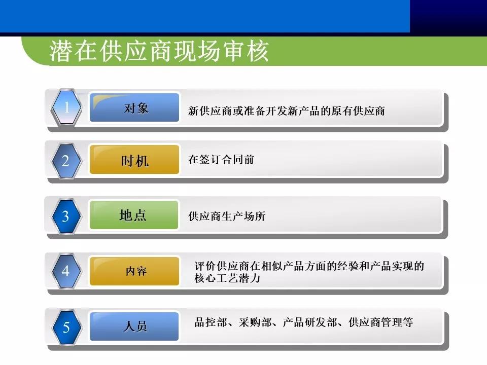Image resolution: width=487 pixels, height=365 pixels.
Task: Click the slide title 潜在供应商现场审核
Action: (159, 52)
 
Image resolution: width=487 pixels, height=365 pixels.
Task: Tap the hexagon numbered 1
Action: (66, 107)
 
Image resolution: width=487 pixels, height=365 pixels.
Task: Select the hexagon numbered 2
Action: (66, 161)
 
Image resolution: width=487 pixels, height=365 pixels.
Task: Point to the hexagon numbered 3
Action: (66, 216)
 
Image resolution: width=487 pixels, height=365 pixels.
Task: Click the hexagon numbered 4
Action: (66, 271)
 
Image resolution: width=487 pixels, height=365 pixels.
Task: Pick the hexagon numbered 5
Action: (66, 327)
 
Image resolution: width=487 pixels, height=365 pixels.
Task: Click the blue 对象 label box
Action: (134, 108)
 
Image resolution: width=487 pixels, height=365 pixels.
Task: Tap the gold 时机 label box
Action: (134, 161)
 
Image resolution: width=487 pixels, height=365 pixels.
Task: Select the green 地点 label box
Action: (133, 215)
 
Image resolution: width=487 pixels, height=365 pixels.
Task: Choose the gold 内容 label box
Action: (134, 271)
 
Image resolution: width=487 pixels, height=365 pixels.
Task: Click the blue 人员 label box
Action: (134, 326)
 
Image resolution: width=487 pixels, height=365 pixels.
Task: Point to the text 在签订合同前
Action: (221, 160)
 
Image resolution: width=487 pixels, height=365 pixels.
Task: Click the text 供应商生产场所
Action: (227, 216)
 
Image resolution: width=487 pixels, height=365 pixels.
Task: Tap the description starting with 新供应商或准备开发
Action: (287, 111)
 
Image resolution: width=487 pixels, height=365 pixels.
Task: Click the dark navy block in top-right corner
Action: (448, 16)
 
